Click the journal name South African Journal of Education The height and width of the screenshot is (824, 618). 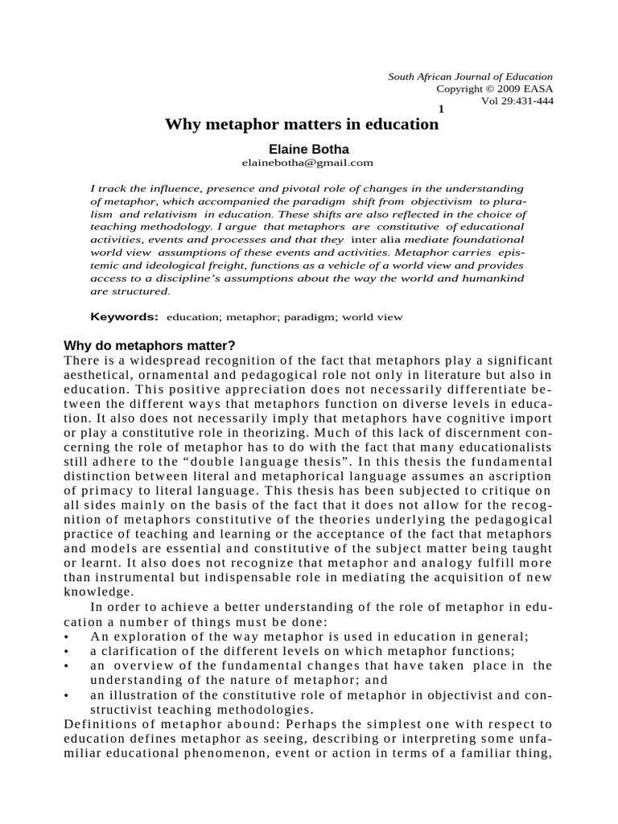[471, 76]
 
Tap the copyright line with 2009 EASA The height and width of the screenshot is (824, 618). [494, 89]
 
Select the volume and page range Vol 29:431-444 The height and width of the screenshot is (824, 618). [517, 101]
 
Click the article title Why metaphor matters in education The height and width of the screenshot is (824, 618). [302, 125]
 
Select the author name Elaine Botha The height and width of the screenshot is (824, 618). [302, 149]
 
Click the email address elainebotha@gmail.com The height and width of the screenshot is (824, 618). [302, 162]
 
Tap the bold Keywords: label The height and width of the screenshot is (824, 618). [124, 317]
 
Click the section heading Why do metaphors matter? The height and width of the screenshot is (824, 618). [149, 347]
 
